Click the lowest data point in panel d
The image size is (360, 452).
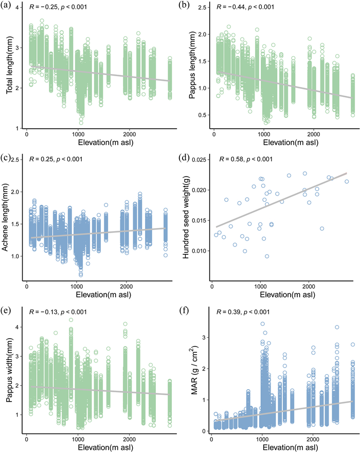click(x=267, y=256)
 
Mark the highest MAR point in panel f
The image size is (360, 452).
click(x=262, y=324)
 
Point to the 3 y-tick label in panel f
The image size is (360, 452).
click(x=205, y=337)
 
